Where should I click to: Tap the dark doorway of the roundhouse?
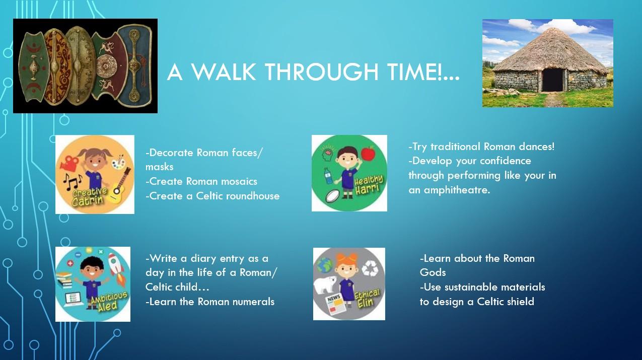[x=552, y=80]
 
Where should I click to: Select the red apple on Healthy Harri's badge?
[x=368, y=154]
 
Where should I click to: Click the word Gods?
[x=433, y=272]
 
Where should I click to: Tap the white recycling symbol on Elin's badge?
[x=370, y=268]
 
